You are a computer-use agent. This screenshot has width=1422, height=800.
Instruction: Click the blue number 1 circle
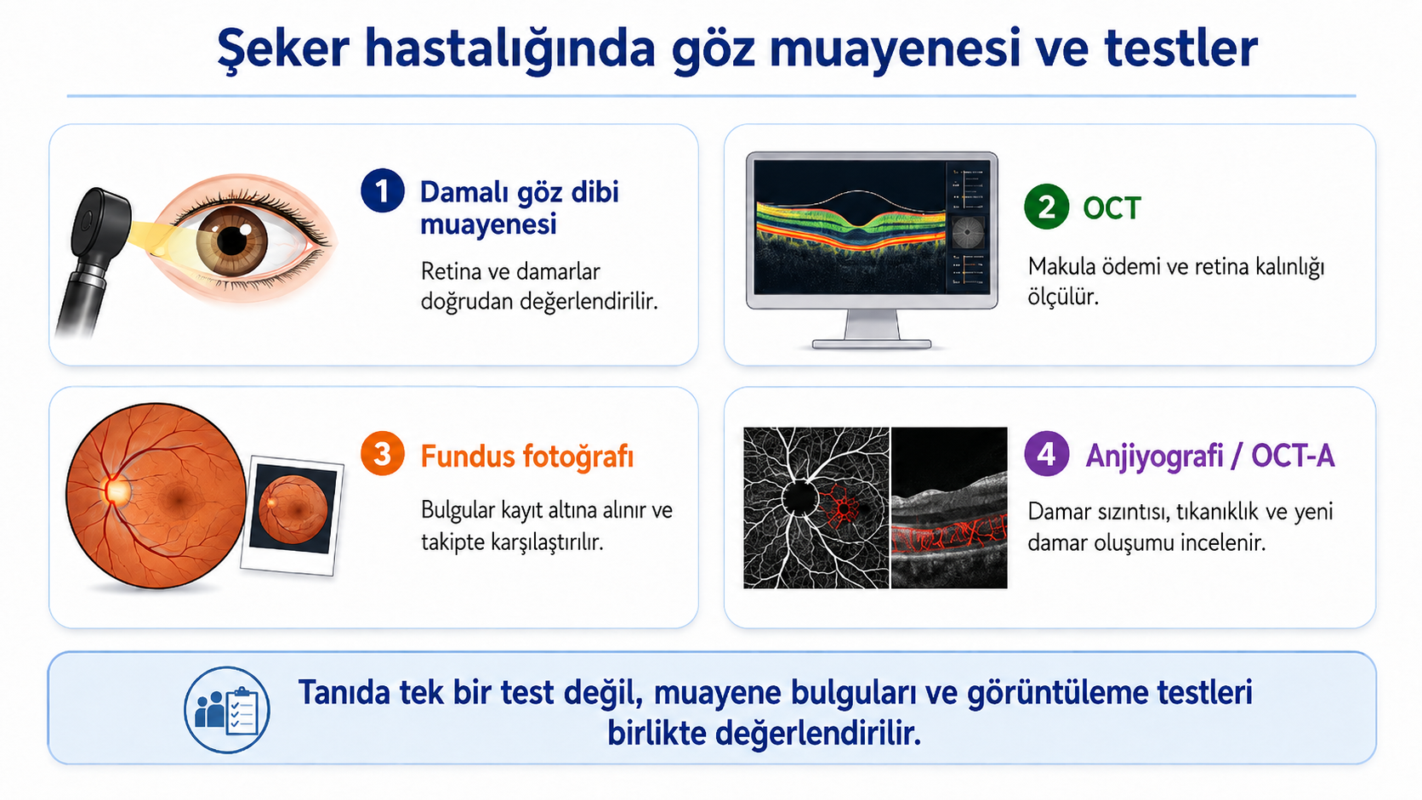click(x=382, y=190)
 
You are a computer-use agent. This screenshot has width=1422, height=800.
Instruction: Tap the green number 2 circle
click(x=1046, y=207)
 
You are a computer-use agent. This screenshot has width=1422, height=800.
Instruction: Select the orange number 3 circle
click(x=382, y=454)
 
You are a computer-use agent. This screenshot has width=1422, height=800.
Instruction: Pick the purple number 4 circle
click(x=1046, y=454)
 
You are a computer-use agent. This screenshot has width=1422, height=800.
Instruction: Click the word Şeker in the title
click(x=283, y=49)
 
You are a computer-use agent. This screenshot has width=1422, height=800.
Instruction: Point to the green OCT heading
click(x=1112, y=208)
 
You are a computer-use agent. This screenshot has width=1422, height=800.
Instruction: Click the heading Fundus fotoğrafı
click(x=527, y=457)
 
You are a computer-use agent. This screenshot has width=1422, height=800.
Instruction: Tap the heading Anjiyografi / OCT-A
click(x=1210, y=456)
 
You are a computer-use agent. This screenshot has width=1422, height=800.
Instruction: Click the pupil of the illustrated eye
click(x=233, y=240)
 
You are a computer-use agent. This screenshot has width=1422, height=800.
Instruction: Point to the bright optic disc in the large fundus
click(x=117, y=491)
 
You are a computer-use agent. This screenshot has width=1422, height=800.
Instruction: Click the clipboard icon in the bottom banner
click(x=242, y=712)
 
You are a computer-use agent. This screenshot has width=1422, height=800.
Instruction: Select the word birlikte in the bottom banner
click(x=657, y=734)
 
